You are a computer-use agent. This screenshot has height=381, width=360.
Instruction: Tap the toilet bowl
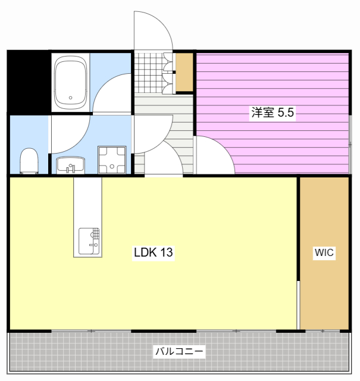[x=29, y=161]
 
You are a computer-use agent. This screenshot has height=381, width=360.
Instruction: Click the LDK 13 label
[x=153, y=252]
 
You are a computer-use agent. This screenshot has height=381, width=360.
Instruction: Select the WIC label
[x=324, y=252]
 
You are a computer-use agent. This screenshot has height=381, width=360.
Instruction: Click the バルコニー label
[x=179, y=351]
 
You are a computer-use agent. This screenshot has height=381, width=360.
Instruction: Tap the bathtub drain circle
[x=71, y=98]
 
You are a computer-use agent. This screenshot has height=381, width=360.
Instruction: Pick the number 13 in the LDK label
[x=166, y=252]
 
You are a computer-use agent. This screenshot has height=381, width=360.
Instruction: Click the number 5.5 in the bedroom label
[x=286, y=113]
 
